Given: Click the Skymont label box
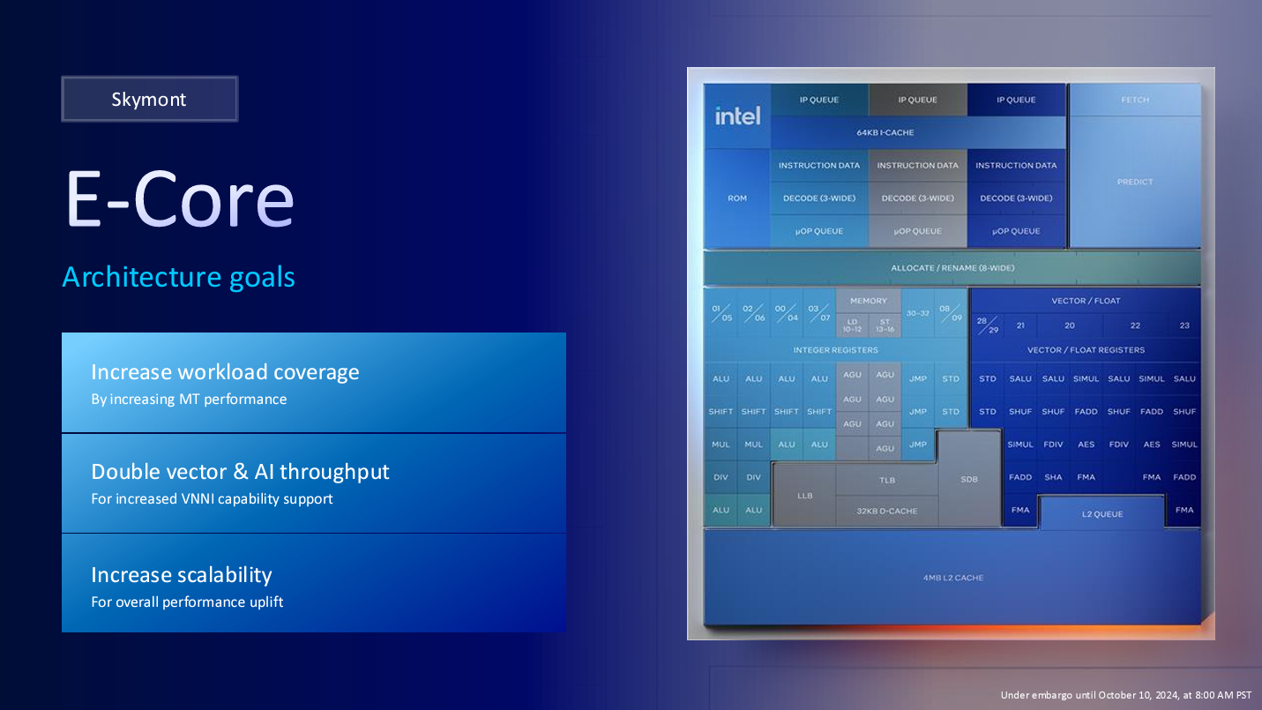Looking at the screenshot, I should [x=149, y=99].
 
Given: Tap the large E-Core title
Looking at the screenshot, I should [x=179, y=199].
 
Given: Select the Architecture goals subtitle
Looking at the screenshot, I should [x=178, y=277].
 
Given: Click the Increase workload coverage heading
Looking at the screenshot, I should [x=225, y=372].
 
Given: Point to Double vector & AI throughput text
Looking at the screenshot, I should [x=240, y=472].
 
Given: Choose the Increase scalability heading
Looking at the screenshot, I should [x=182, y=575].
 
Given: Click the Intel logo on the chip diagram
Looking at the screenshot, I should [x=737, y=116].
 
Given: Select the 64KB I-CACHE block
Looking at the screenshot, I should [x=885, y=132].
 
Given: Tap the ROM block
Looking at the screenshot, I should [x=737, y=198].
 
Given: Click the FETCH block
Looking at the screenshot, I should [x=1135, y=100].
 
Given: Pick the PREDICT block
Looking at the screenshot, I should [x=1135, y=182].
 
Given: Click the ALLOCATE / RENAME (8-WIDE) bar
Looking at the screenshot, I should [x=952, y=267].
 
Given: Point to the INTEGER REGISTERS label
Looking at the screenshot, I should [x=835, y=350].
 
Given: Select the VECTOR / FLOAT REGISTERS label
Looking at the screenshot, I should [x=1086, y=350].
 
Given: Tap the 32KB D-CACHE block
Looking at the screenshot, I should [x=886, y=511].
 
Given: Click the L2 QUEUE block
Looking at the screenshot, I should [x=1101, y=513].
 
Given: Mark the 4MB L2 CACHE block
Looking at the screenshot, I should [x=952, y=578].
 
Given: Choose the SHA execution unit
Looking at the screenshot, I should [x=1053, y=477].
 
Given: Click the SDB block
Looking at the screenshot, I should [x=969, y=479].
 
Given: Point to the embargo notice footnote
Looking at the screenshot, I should [x=1125, y=695].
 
